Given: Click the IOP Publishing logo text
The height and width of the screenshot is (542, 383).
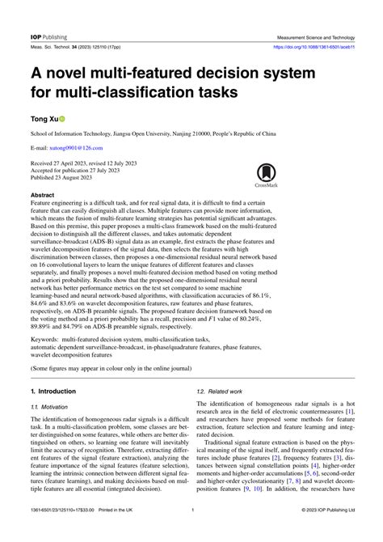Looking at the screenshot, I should pyautogui.click(x=48, y=14).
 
